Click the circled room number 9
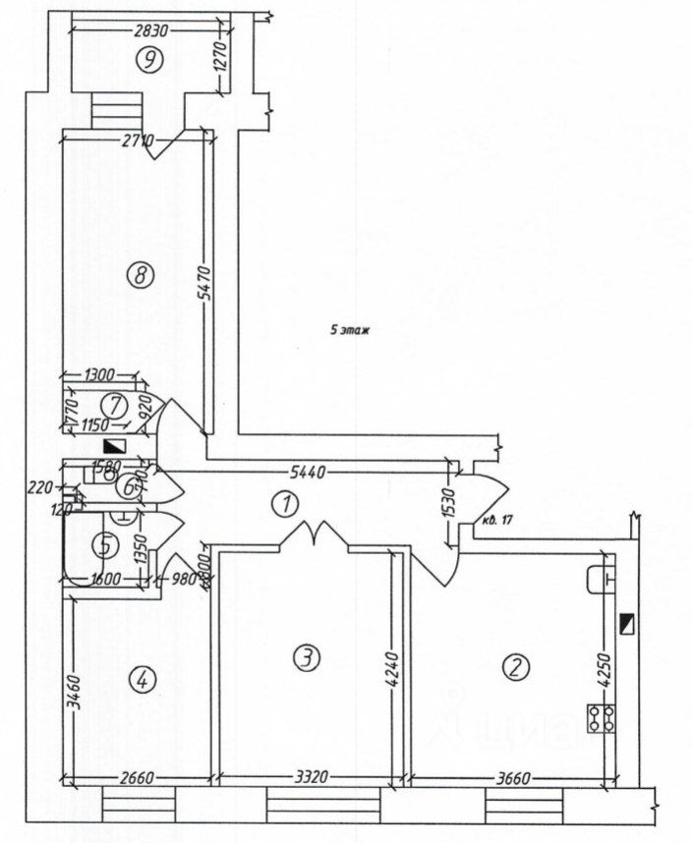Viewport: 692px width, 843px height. click(150, 60)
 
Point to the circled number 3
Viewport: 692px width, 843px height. click(309, 657)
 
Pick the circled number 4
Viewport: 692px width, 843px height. click(143, 678)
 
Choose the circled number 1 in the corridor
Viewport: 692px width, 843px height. click(284, 505)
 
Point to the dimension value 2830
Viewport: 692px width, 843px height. click(153, 31)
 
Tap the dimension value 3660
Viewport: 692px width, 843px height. click(508, 779)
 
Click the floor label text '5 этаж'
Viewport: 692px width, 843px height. click(349, 331)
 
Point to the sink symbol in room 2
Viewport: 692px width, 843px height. click(599, 580)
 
